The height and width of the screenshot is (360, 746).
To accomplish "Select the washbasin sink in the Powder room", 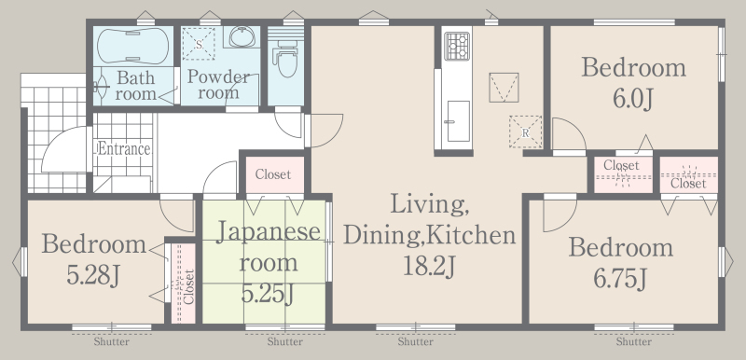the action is tap(242, 36).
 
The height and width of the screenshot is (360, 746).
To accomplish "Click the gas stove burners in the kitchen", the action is tap(457, 46).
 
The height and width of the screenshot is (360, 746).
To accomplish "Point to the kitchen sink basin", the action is tap(458, 121).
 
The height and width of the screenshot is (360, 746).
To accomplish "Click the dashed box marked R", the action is tap(525, 132).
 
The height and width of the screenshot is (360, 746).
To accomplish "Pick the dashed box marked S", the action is tap(199, 44).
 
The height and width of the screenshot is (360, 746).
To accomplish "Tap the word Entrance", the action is tap(124, 149).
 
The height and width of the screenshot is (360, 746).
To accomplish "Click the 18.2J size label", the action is tap(430, 267).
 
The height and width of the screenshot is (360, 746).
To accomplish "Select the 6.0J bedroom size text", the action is tap(633, 100).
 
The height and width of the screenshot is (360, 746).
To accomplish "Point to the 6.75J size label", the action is tap(620, 279).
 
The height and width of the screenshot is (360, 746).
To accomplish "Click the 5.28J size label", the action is tap(93, 275).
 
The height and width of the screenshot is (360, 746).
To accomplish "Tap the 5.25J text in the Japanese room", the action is tap(267, 294).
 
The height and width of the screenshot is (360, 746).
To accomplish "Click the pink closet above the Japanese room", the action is tap(274, 174).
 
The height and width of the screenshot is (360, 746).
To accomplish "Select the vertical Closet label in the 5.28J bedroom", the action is tap(189, 286).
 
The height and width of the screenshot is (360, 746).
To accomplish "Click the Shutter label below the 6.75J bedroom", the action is tap(634, 342).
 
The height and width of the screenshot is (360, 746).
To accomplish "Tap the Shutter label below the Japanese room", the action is tap(284, 342).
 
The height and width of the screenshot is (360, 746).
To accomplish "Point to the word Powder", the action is tap(218, 76).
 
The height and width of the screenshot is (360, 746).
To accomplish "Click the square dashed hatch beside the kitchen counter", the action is tap(504, 88).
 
